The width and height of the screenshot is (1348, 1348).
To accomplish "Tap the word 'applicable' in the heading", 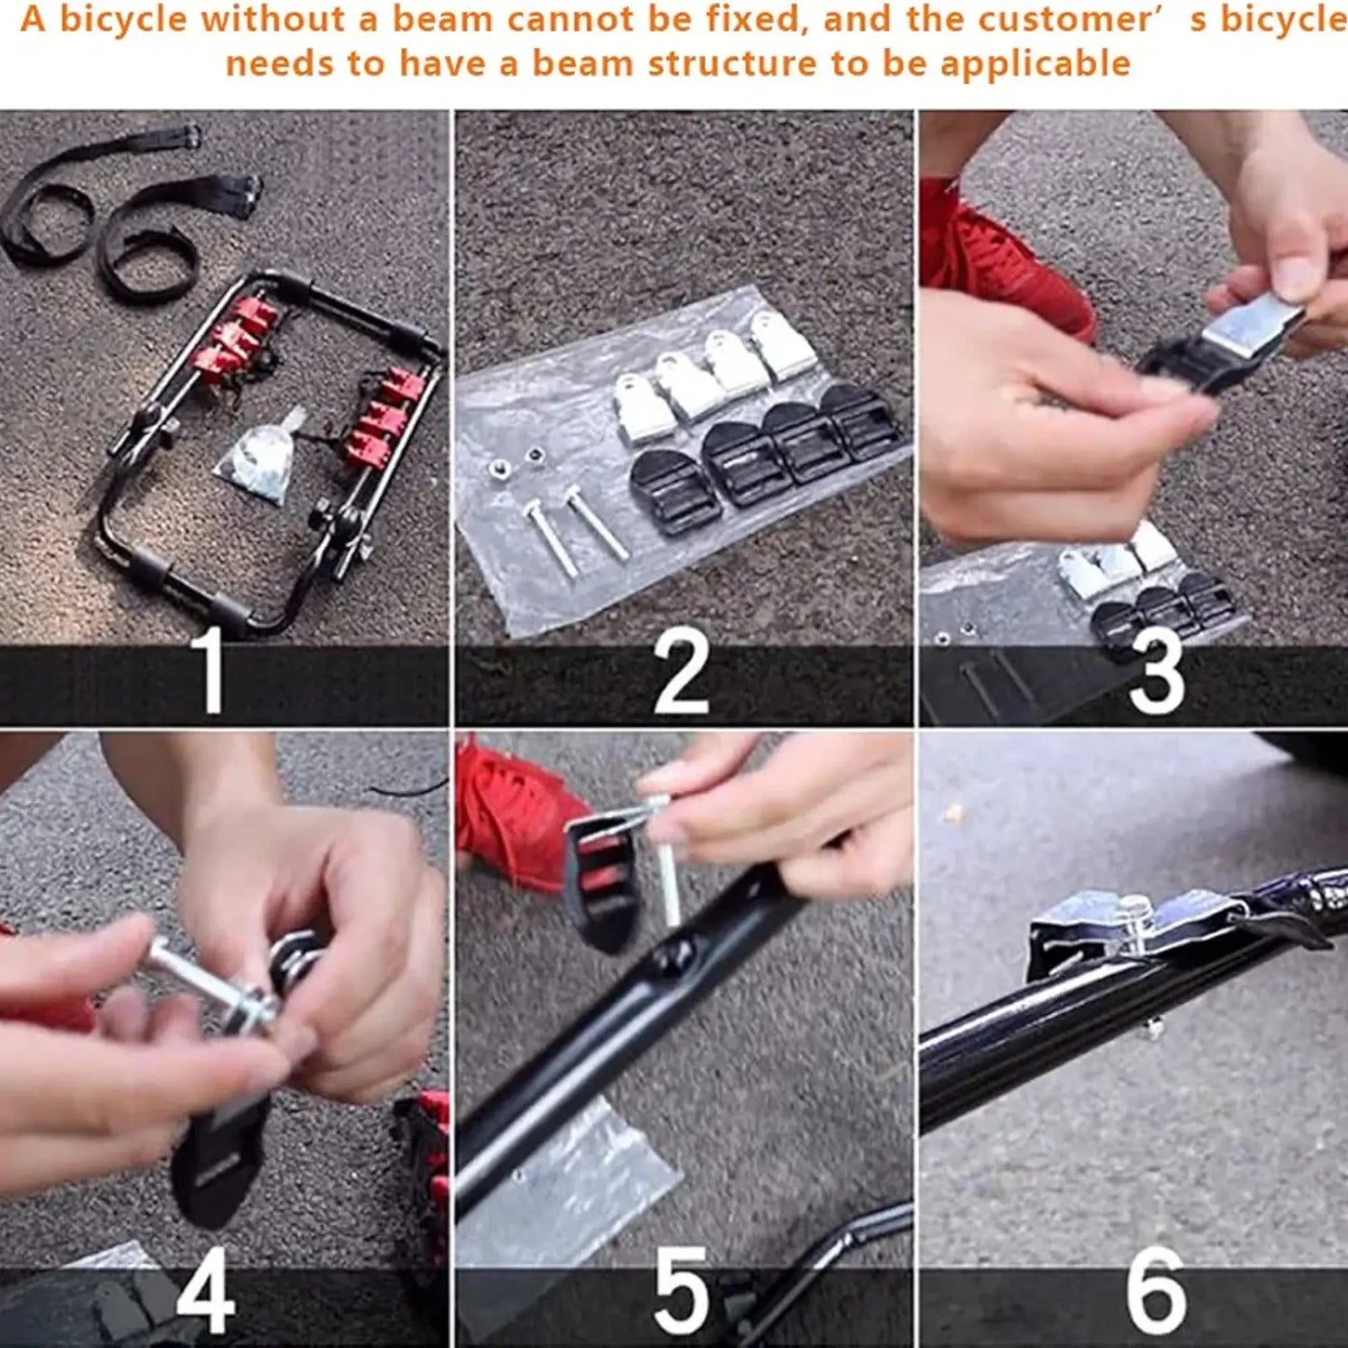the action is pyautogui.click(x=1035, y=63).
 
